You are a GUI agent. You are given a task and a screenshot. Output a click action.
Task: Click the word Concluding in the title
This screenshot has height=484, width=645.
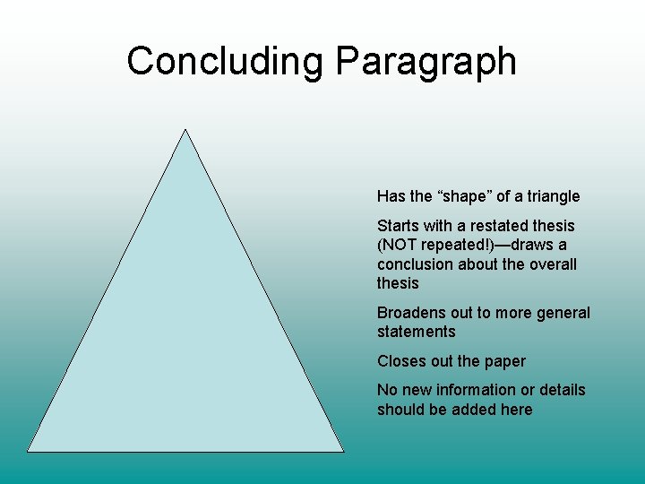click(x=226, y=62)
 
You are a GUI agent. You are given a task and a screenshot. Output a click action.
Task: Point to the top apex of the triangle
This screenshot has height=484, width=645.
click(x=185, y=130)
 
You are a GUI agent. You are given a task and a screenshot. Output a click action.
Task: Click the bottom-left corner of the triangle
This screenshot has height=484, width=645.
click(x=28, y=451)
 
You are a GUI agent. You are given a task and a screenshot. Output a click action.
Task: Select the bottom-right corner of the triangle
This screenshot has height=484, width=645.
click(x=343, y=451)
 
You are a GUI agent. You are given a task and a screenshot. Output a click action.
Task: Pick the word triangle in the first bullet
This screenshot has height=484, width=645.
click(x=551, y=196)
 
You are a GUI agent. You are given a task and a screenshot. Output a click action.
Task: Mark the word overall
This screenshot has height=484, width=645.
click(x=550, y=264)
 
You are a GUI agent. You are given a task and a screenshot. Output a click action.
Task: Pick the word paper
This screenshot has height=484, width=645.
click(x=504, y=361)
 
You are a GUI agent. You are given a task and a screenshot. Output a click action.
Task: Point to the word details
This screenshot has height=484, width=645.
click(x=561, y=390)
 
